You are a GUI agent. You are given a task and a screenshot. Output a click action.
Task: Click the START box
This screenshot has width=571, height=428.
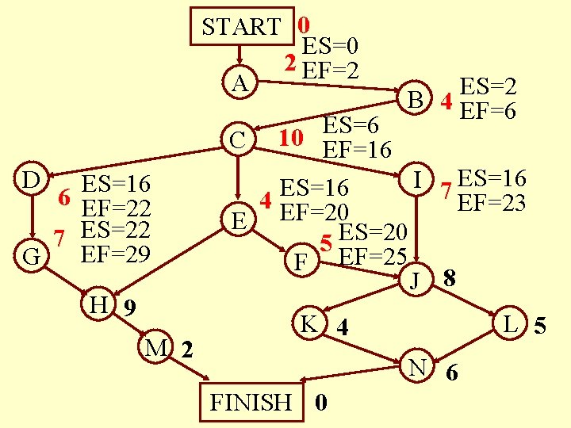(x=242, y=26)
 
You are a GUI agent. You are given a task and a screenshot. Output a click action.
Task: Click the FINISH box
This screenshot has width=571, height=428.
(x=250, y=402)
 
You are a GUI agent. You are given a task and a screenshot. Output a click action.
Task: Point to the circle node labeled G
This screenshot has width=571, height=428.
(x=32, y=256)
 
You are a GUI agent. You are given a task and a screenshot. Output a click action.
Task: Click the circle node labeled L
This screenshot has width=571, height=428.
(x=512, y=323)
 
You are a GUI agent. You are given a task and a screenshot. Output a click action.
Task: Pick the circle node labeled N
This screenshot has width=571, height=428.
(x=417, y=366)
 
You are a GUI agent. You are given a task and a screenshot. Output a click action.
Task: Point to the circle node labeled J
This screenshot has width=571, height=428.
(x=413, y=279)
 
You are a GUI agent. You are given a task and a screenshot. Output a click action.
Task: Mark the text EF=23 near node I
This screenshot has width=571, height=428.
(x=492, y=203)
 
